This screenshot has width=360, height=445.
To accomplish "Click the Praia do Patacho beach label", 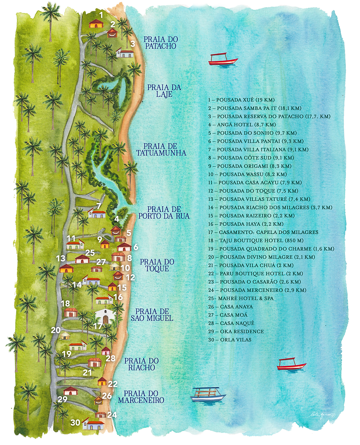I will (160, 43).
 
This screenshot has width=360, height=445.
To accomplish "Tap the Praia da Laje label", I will (164, 91).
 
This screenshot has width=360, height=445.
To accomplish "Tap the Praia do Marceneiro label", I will (141, 397).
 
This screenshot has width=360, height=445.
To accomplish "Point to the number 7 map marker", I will (99, 206).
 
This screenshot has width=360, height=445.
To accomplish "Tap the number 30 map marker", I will (75, 422).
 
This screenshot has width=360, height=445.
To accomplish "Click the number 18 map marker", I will (65, 303).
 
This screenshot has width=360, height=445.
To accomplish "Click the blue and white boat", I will (208, 394).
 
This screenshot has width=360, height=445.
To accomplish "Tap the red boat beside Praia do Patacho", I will (222, 60).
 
